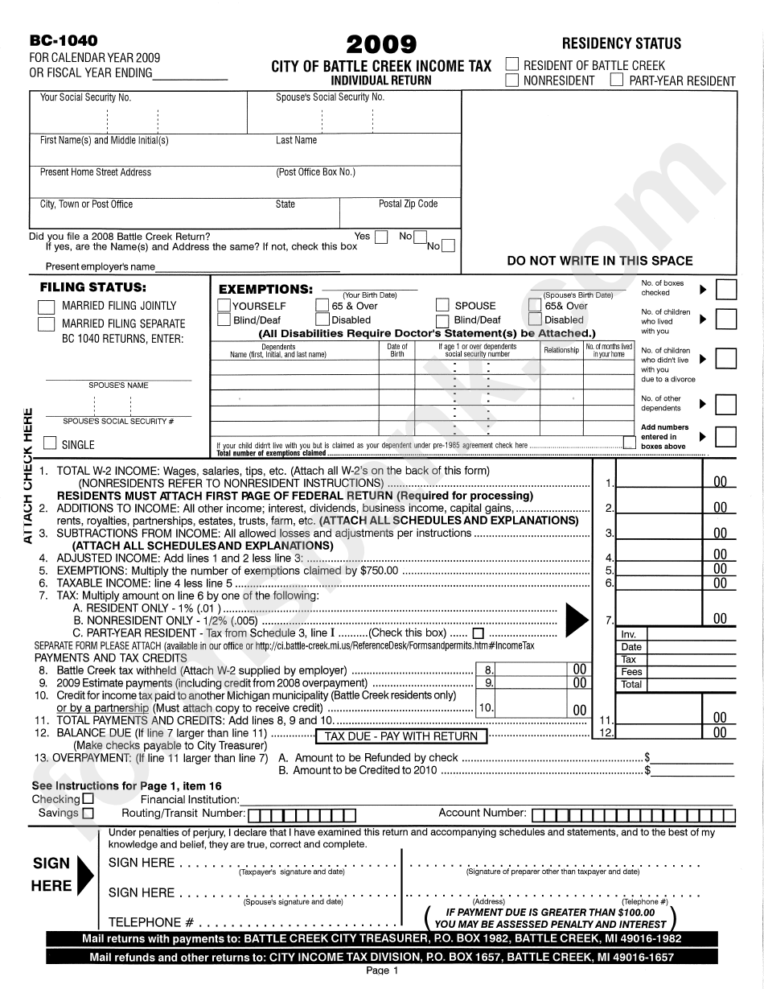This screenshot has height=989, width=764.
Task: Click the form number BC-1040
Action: tap(64, 41)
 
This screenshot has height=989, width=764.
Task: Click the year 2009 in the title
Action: tap(381, 43)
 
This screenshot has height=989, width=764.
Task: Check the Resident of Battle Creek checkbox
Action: tap(512, 64)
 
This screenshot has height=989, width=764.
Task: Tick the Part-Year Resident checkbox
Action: tap(617, 80)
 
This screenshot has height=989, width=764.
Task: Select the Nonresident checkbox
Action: tap(512, 80)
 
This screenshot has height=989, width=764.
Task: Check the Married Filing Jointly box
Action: tap(47, 307)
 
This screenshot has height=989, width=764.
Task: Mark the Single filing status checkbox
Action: tap(50, 443)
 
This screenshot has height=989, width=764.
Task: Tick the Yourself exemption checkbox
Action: tap(224, 305)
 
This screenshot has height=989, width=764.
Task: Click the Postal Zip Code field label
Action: tap(408, 204)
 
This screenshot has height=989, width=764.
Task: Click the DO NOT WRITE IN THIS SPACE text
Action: tap(599, 261)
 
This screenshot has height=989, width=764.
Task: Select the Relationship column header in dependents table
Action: tap(561, 350)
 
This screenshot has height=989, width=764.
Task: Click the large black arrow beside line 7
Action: tap(577, 618)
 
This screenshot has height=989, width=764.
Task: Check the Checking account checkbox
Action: tap(88, 799)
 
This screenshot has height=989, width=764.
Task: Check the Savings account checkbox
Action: tap(88, 813)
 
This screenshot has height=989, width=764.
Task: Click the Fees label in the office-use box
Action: tap(631, 671)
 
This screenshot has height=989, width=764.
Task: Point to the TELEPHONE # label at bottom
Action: tap(150, 922)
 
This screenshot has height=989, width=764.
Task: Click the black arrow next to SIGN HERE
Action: tap(84, 868)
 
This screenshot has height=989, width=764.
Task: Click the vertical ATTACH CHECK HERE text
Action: tap(27, 475)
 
